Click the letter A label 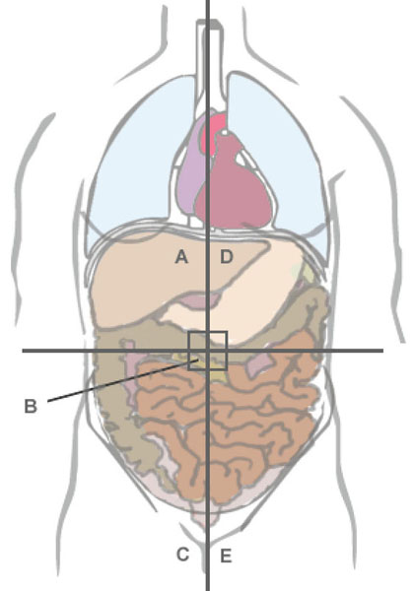pos(181,257)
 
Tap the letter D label pos(227,257)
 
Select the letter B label pos(31,406)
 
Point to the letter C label pos(182,555)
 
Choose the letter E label pos(226,556)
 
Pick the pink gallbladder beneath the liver pos(197,301)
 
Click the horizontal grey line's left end pos(23,351)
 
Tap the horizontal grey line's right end pos(382,351)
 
